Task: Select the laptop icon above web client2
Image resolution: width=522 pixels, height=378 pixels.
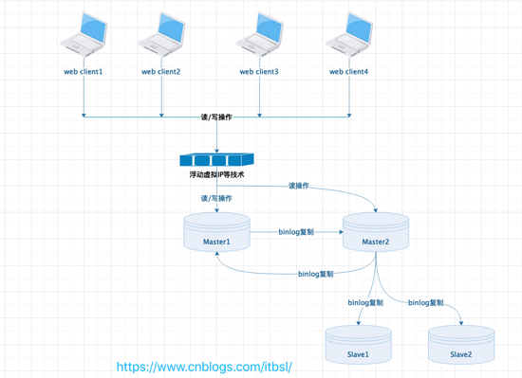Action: click(160, 35)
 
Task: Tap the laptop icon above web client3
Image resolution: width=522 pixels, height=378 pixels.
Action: click(259, 35)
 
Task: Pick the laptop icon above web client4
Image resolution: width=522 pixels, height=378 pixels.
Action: click(348, 35)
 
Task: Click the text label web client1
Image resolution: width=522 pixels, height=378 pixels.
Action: click(84, 72)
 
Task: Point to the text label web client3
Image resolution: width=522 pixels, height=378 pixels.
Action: click(258, 72)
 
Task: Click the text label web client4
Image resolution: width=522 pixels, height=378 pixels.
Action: click(348, 72)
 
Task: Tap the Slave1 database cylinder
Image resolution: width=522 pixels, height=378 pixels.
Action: click(358, 347)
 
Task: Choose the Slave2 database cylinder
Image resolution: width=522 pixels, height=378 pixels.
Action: click(461, 347)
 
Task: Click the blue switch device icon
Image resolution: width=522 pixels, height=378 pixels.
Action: click(217, 159)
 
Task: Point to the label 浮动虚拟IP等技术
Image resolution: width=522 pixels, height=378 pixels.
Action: click(217, 176)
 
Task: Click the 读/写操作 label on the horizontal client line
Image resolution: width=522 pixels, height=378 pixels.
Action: click(216, 117)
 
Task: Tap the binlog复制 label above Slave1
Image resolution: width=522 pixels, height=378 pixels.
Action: click(365, 303)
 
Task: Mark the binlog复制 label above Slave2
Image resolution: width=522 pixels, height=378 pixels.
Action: click(425, 303)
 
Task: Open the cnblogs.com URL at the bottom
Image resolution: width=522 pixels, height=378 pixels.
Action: click(203, 366)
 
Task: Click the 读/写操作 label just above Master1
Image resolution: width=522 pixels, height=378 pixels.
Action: click(216, 199)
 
